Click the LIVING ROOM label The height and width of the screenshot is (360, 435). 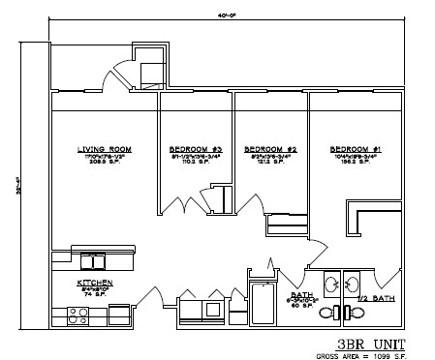(105, 149)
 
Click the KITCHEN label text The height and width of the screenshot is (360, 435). (96, 283)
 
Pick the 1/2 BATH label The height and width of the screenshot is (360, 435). (376, 298)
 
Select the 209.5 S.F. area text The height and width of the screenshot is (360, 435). (105, 163)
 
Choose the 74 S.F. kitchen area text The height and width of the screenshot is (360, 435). (96, 295)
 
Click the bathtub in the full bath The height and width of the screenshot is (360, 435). (263, 304)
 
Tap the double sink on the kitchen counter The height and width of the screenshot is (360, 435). (95, 260)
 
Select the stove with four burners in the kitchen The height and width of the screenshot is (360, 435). (77, 314)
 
